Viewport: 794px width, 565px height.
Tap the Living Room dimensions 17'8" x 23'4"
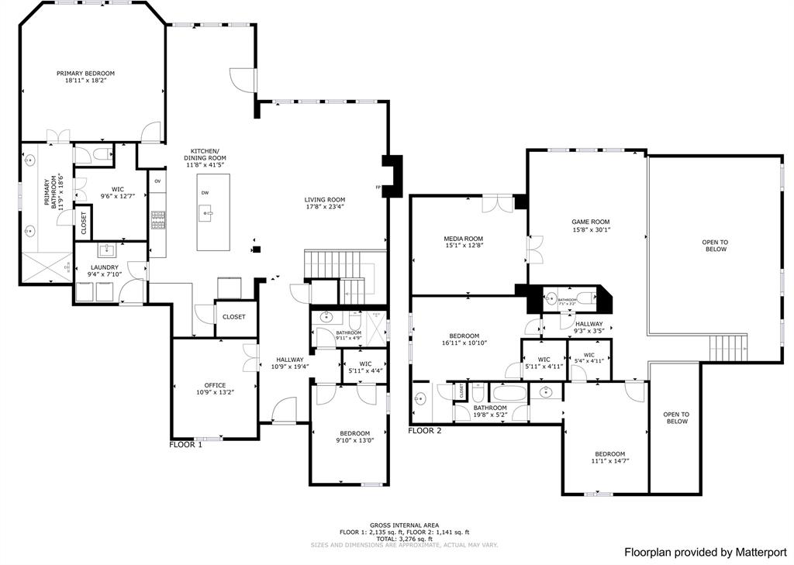click(x=324, y=207)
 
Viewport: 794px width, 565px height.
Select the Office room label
click(x=215, y=385)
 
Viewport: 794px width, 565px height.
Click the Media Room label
click(x=463, y=239)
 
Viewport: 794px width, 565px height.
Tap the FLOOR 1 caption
click(x=185, y=445)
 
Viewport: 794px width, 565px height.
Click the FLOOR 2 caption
click(x=424, y=430)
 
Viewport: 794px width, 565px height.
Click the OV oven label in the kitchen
click(x=157, y=181)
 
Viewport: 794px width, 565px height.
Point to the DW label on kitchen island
click(x=205, y=192)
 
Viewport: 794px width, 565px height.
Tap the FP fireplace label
click(x=378, y=187)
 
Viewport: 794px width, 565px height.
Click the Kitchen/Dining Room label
click(x=205, y=154)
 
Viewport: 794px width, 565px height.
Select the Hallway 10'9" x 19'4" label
click(x=290, y=360)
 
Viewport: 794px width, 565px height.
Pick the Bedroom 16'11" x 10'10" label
click(x=464, y=336)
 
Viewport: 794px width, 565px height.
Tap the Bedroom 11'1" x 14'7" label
click(x=609, y=454)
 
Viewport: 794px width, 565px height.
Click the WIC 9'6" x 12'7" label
click(x=118, y=189)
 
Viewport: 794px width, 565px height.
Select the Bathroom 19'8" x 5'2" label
click(x=490, y=408)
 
